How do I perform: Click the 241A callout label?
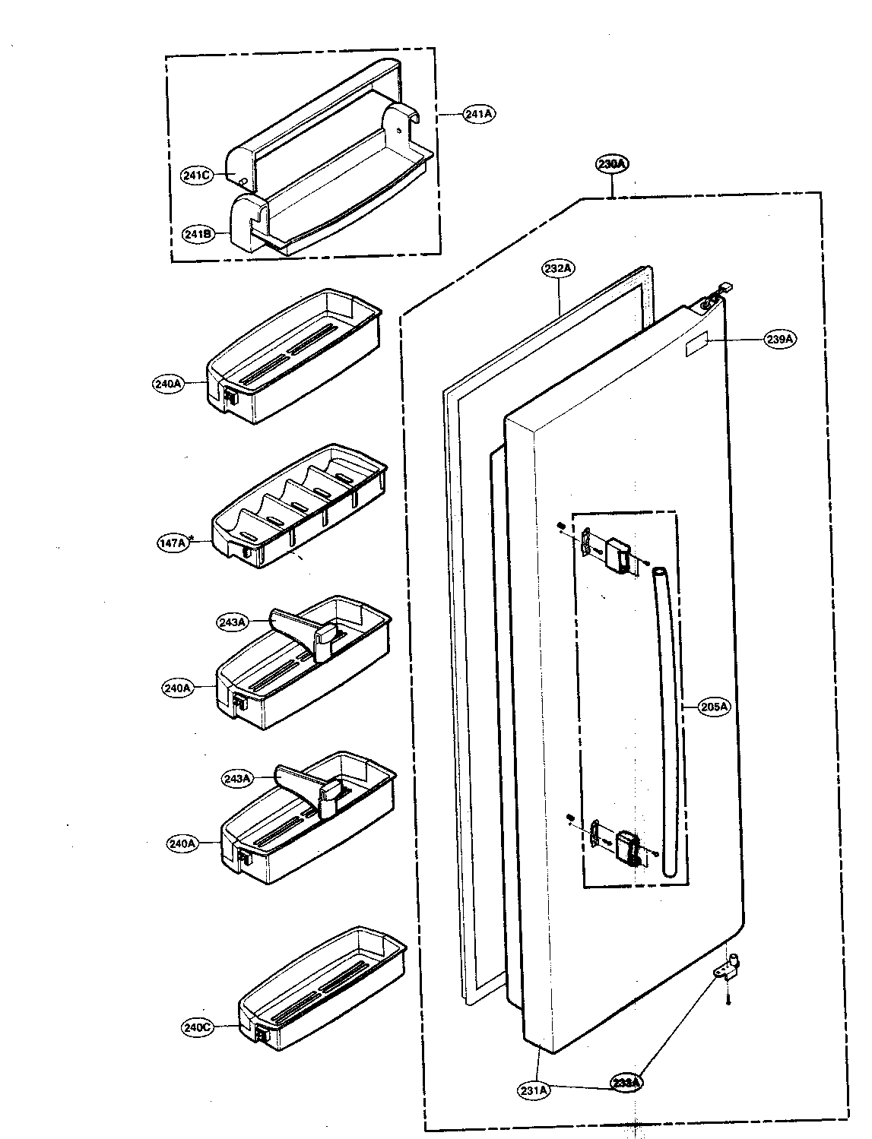click(x=479, y=114)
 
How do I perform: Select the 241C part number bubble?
click(x=196, y=176)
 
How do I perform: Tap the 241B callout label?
click(x=196, y=234)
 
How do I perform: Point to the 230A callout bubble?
click(x=613, y=163)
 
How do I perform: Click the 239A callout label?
click(x=780, y=340)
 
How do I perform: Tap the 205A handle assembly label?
click(x=714, y=707)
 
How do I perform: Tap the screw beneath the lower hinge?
click(x=728, y=1000)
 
